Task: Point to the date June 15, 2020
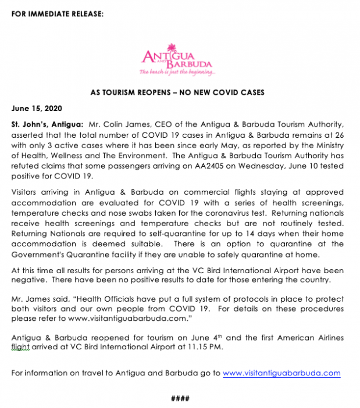pos(37,108)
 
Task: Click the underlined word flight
pos(20,347)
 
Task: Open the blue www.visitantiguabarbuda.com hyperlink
pos(281,373)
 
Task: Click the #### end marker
pos(181,398)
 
